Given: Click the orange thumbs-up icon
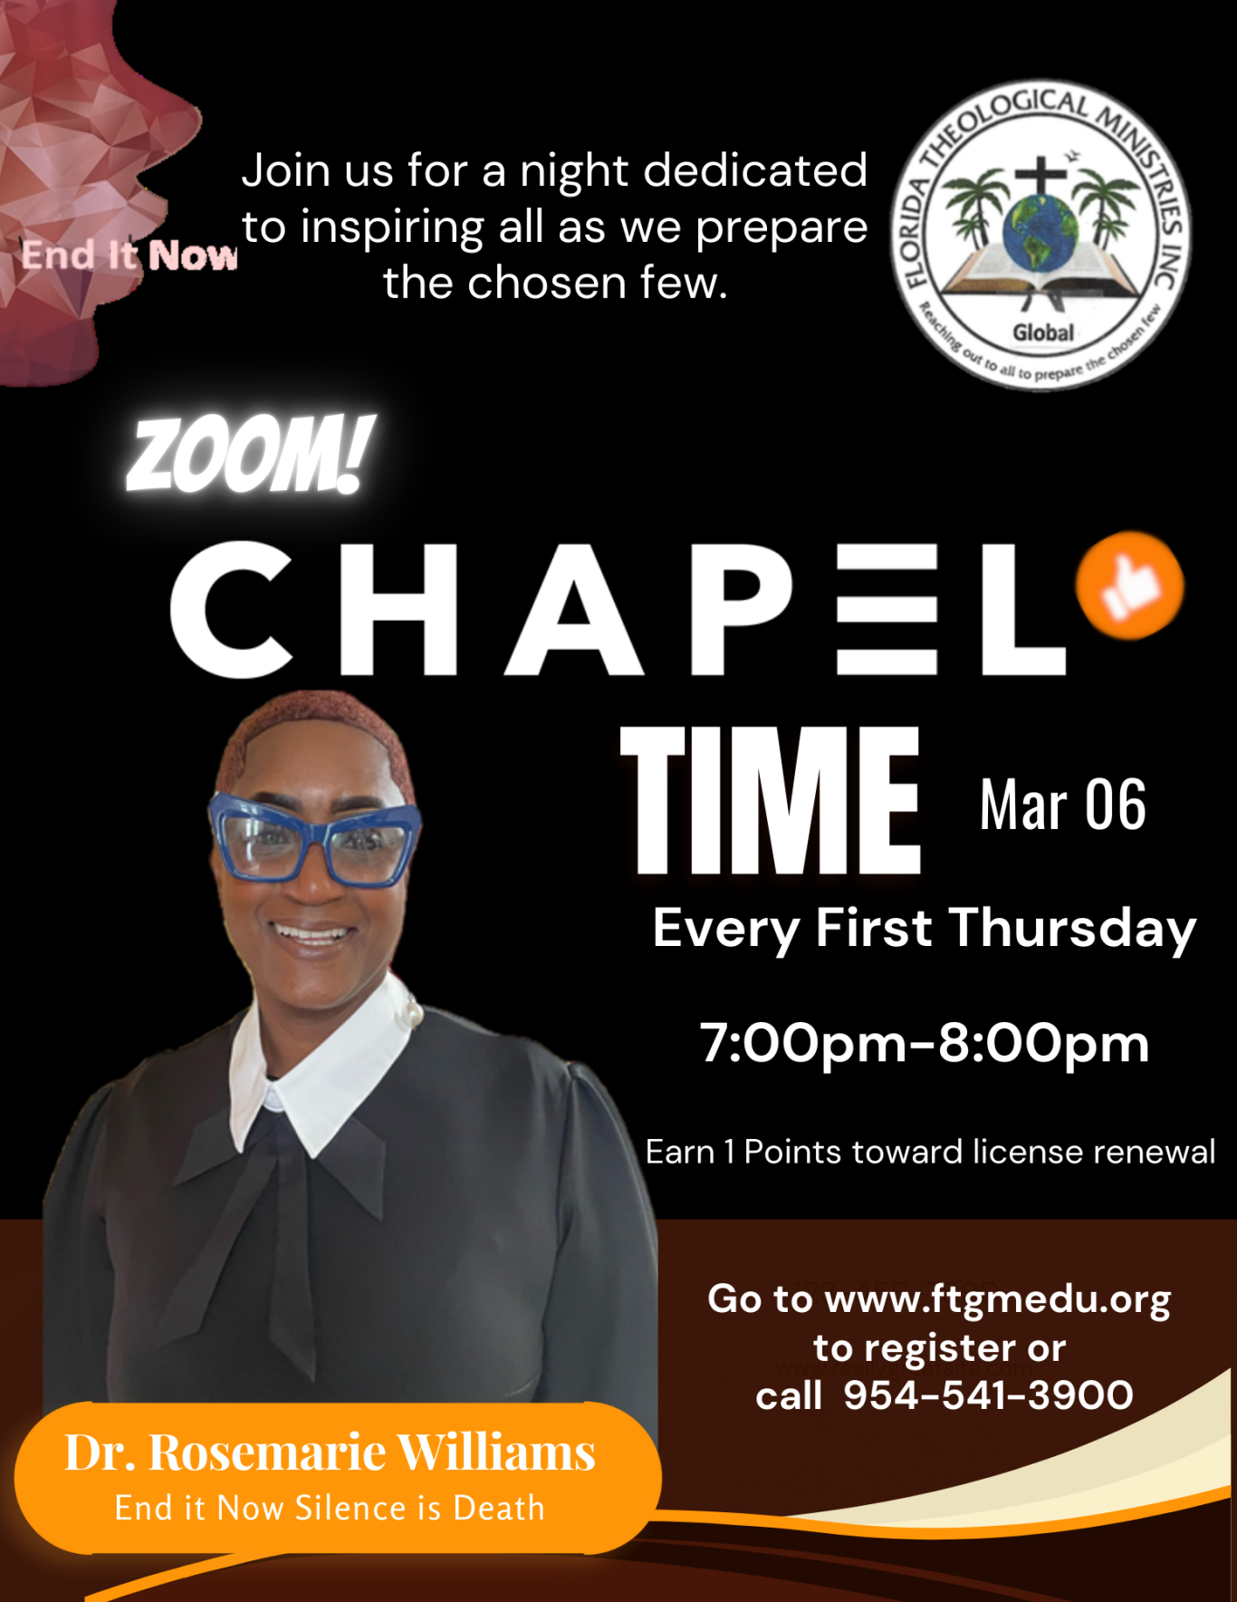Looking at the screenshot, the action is (1129, 585).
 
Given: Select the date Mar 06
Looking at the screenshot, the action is (1062, 805).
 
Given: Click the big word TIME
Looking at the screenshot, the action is (770, 800).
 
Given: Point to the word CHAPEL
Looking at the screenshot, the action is (618, 609).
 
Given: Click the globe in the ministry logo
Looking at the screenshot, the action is (1040, 230).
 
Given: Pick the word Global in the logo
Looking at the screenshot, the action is (1043, 333).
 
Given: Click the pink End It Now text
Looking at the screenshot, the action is (129, 255).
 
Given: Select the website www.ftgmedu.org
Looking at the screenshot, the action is (998, 1299).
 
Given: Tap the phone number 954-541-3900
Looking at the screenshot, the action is (988, 1395).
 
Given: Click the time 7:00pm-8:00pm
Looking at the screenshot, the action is (925, 1043).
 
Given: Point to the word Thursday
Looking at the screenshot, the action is (1073, 930).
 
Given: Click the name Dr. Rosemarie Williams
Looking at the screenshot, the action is (331, 1452).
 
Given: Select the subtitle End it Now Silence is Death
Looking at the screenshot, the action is (330, 1508).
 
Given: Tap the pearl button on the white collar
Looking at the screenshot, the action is (416, 1012).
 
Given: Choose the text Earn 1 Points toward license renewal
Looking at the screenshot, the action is (930, 1152).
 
